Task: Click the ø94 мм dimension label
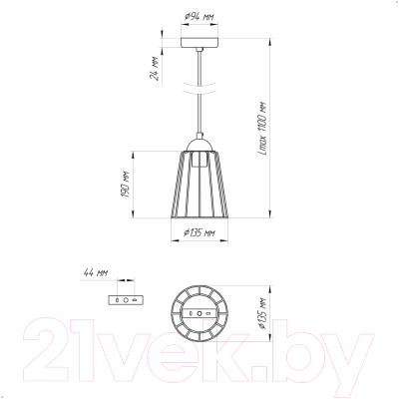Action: coord(199,17)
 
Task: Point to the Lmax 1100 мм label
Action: coord(262,128)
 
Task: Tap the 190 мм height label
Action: coord(125,185)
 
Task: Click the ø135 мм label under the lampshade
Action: coord(199,232)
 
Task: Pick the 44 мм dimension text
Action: coord(95,273)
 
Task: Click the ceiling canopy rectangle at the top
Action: coord(199,42)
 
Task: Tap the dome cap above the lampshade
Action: coord(199,145)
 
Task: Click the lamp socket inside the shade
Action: coord(199,160)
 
